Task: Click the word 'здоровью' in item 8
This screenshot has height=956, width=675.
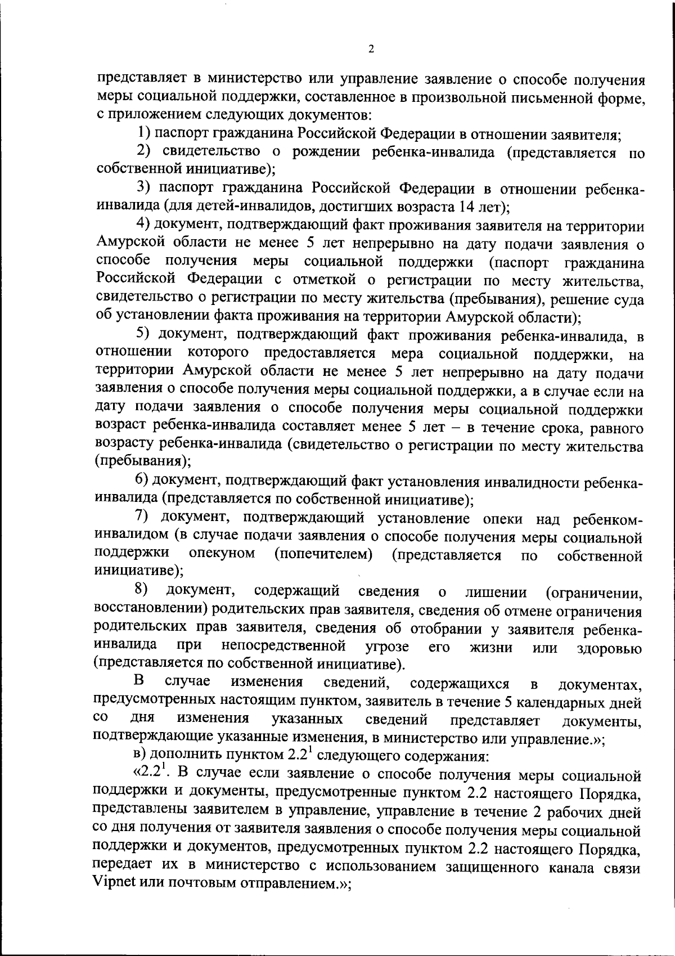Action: (610, 648)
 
